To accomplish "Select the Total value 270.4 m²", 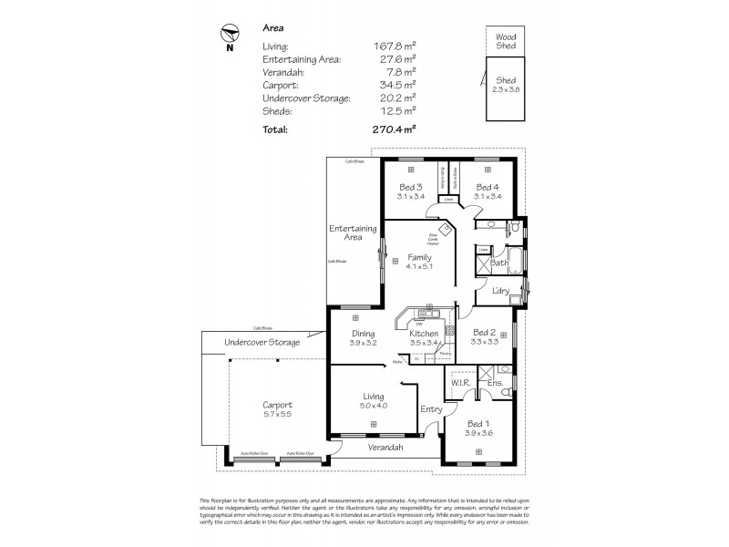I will click(393, 129).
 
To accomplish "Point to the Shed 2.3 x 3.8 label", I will click(505, 85).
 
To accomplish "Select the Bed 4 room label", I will click(488, 191).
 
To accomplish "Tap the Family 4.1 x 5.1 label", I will click(419, 262).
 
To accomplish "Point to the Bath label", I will click(498, 263).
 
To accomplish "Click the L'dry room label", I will click(499, 291).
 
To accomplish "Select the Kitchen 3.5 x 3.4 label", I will click(426, 338).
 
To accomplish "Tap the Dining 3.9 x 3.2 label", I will click(363, 338).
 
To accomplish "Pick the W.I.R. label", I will click(459, 384).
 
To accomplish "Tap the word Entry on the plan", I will click(431, 410).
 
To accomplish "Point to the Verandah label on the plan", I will click(385, 449).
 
